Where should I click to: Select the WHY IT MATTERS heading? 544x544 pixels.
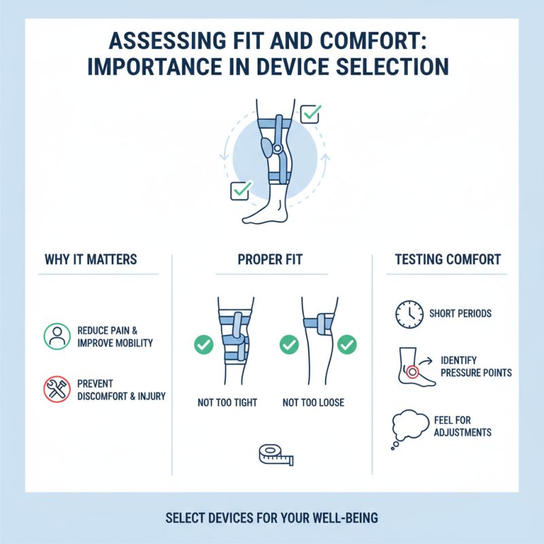pos(90,260)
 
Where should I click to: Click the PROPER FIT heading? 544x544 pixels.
pos(271,260)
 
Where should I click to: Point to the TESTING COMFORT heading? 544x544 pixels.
pos(447,260)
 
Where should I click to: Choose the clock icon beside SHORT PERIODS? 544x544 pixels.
pos(406,314)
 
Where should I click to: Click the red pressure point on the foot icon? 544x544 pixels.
pos(412,372)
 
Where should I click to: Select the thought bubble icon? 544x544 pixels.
pos(407,426)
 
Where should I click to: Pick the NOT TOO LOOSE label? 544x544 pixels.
pos(313,403)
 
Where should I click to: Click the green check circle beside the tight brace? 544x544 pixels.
pos(203,345)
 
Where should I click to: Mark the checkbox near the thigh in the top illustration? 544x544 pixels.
pos(311,114)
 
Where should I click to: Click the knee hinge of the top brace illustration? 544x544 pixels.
pos(277,148)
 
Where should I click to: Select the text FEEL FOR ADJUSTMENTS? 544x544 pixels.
pos(462,426)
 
